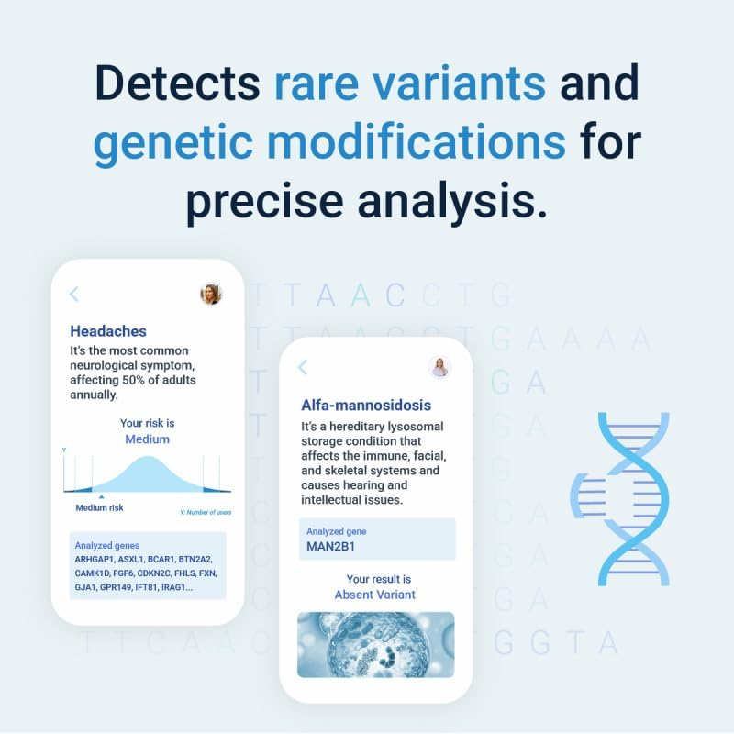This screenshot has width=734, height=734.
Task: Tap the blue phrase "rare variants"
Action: (x=409, y=84)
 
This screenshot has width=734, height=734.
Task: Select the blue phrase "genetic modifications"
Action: (x=328, y=143)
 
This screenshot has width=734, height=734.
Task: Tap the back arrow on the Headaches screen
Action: (x=74, y=294)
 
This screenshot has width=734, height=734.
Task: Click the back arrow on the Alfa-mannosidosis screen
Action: (x=303, y=367)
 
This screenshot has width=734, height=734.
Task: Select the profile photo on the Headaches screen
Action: (x=211, y=294)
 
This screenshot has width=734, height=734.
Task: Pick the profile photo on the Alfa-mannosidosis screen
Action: (x=439, y=367)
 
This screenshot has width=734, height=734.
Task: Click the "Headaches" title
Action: (x=108, y=331)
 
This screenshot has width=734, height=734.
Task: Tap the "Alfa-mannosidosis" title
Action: (x=366, y=405)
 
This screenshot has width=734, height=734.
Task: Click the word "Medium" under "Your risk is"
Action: (x=147, y=439)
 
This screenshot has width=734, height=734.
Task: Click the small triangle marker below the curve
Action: (x=101, y=495)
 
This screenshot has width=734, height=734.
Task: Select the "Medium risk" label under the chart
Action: (x=99, y=507)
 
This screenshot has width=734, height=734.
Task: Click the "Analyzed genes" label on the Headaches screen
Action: (x=107, y=545)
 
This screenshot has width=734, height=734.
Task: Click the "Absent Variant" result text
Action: (x=374, y=595)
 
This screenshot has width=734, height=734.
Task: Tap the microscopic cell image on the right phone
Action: (x=375, y=644)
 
